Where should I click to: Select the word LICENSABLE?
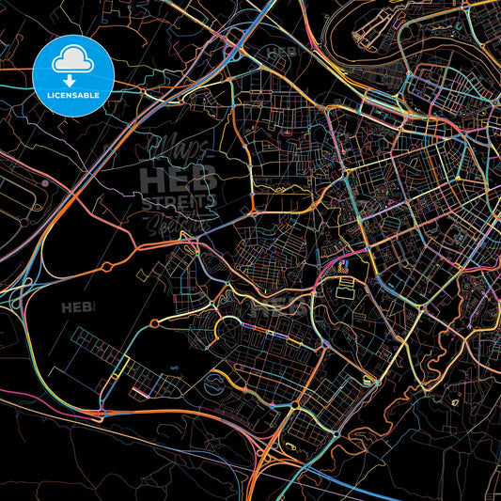(x=73, y=95)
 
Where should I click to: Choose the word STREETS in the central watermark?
(x=179, y=200)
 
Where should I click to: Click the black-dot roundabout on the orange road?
(x=295, y=405)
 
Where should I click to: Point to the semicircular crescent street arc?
(x=229, y=329)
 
